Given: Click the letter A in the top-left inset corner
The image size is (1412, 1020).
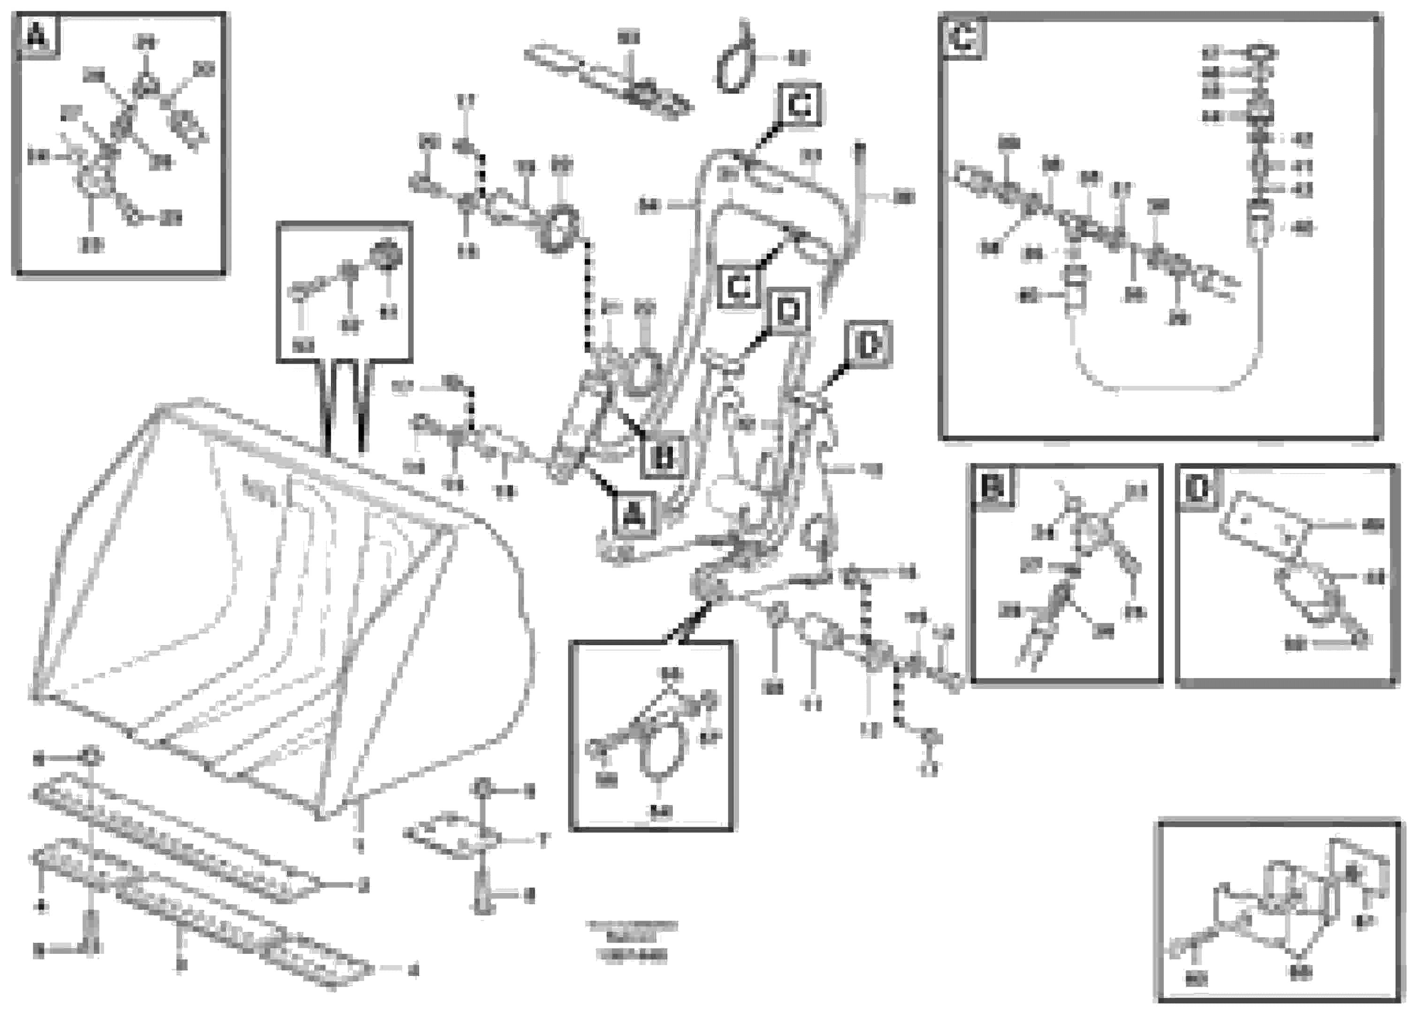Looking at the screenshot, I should click(38, 36).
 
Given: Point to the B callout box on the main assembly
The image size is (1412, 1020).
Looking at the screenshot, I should click(664, 458).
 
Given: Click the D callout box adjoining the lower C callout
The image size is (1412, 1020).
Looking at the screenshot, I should click(789, 309).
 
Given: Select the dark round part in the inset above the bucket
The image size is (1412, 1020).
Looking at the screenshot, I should click(387, 255).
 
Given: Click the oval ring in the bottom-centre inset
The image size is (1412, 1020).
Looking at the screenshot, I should click(663, 751).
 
